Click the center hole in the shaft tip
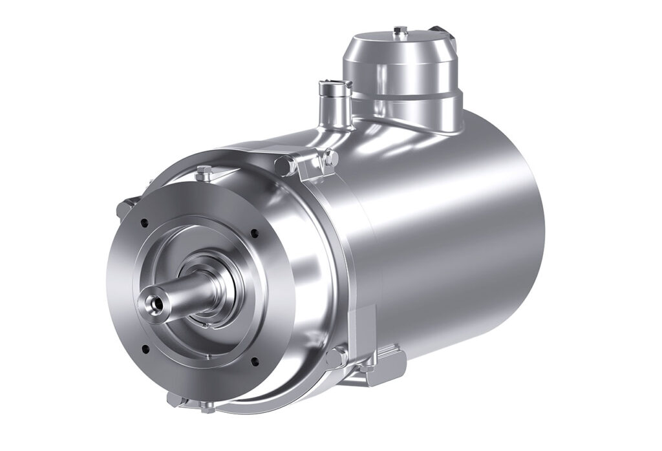(151, 301)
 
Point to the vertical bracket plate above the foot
(363, 326)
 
